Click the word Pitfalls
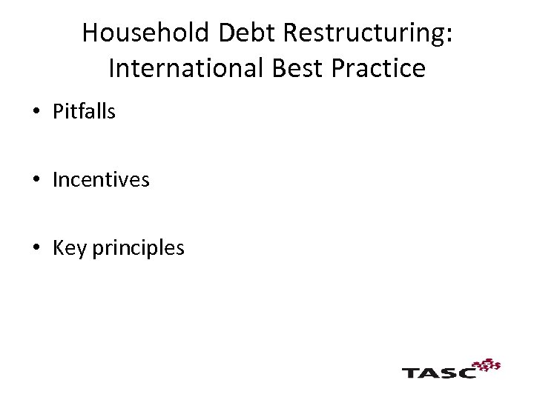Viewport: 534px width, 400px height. (84, 112)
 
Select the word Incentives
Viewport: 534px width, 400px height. (101, 180)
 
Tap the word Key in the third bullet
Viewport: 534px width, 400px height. (70, 248)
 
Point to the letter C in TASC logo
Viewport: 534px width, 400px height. (467, 371)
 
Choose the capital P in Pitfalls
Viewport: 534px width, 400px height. (58, 112)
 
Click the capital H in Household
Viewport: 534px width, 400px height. (90, 33)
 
